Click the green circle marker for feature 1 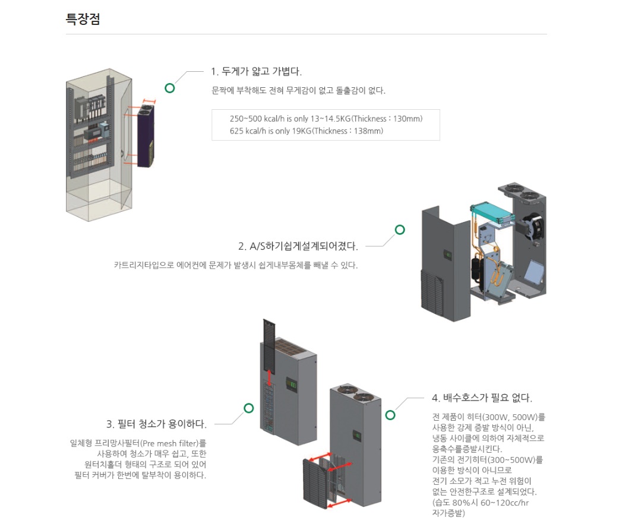click(170, 88)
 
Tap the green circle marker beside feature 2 click(400, 230)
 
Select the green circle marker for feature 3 click(249, 408)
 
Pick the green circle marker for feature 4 click(390, 414)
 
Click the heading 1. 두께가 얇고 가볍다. click(256, 72)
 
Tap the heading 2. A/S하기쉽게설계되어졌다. click(298, 246)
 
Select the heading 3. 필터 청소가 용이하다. click(157, 424)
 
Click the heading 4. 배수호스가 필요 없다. click(482, 398)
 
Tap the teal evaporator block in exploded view click(491, 213)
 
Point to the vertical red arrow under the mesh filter click(270, 377)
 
